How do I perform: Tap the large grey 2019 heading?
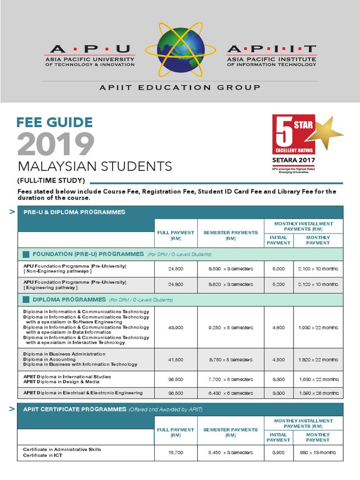click(x=56, y=144)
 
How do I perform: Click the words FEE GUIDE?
click(x=54, y=122)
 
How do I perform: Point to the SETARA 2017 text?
click(x=294, y=159)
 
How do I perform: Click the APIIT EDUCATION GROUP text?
click(x=180, y=87)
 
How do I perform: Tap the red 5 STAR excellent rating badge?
click(x=293, y=134)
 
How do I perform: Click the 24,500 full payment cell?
click(x=176, y=269)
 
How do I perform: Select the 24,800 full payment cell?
click(x=176, y=285)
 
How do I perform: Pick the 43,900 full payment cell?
click(x=176, y=328)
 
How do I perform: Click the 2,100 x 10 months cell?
click(x=318, y=269)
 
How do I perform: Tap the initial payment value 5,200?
click(x=278, y=285)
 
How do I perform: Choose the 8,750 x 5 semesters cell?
click(x=230, y=360)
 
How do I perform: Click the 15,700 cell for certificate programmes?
click(x=176, y=452)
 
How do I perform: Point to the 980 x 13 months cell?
click(x=318, y=452)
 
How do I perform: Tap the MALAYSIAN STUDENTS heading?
click(x=95, y=166)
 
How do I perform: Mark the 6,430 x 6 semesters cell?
click(x=230, y=393)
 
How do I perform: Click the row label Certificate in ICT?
click(x=43, y=455)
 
